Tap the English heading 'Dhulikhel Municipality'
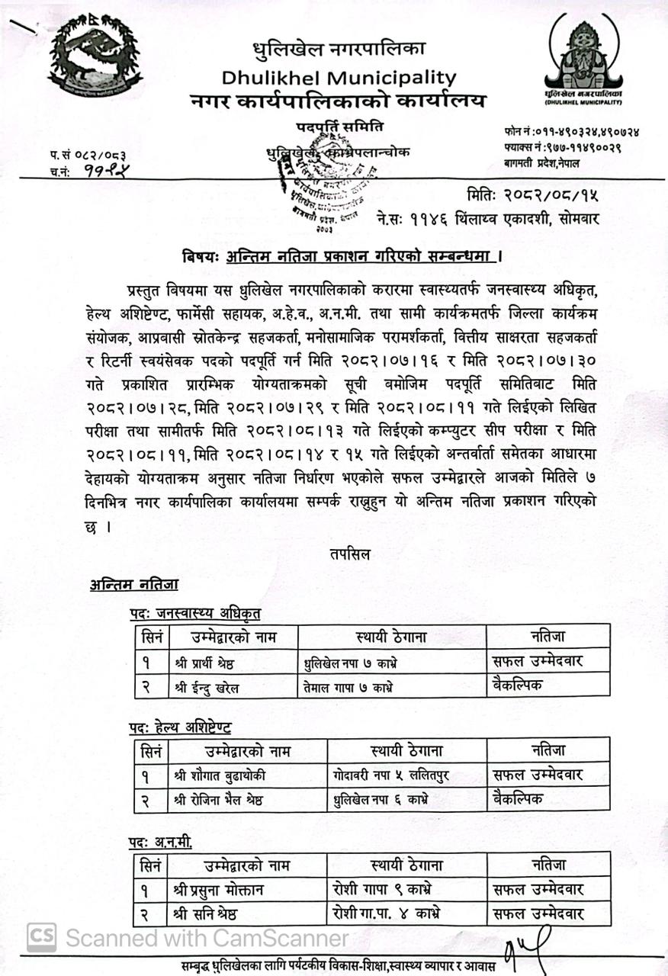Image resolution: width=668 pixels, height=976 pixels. (x=339, y=77)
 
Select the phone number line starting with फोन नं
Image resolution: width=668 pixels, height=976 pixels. (x=571, y=131)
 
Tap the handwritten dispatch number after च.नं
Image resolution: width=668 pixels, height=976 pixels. (x=102, y=172)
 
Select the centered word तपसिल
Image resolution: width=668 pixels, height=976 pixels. (x=351, y=554)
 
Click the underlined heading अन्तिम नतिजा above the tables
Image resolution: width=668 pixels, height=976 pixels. (x=133, y=585)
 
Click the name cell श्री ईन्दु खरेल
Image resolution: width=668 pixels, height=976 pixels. (x=207, y=687)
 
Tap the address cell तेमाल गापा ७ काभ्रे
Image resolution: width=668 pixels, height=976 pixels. (x=349, y=687)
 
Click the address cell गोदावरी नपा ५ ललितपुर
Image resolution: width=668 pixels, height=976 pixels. (x=390, y=775)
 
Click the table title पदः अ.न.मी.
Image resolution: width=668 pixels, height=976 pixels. (x=160, y=842)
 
